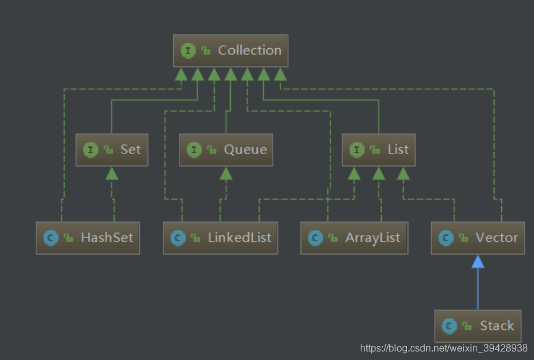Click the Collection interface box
pos(231,51)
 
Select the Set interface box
pos(112,150)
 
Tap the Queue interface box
pos(226,150)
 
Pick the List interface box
pos(379,150)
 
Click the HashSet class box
pos(88,238)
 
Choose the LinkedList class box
pos(220,238)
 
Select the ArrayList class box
pos(354,238)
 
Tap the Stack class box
pos(478,326)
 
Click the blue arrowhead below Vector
pos(478,262)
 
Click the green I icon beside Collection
pos(188,51)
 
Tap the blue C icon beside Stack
pos(450,326)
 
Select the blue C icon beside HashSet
pos(50,238)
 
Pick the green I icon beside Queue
pos(194,150)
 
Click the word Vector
pos(496,237)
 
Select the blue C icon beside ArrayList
pos(315,238)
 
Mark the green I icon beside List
pos(356,150)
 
